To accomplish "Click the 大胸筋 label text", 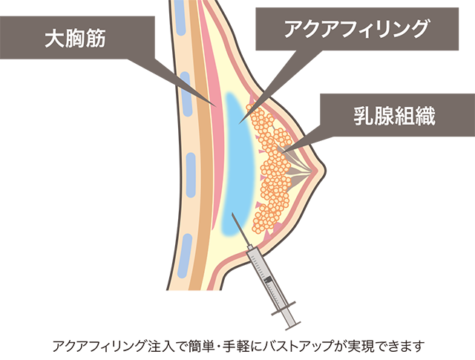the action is click(75, 38).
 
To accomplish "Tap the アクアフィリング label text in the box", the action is click(357, 29).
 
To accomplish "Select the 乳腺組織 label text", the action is click(394, 116).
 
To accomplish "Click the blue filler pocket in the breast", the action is click(239, 163).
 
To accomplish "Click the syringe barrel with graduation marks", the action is click(266, 275).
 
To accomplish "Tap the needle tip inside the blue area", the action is click(232, 213).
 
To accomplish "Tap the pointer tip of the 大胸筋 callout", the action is click(216, 106).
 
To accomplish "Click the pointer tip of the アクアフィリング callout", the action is click(239, 124).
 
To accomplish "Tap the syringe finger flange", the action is click(284, 308).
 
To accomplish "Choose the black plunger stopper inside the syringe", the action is click(268, 280).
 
